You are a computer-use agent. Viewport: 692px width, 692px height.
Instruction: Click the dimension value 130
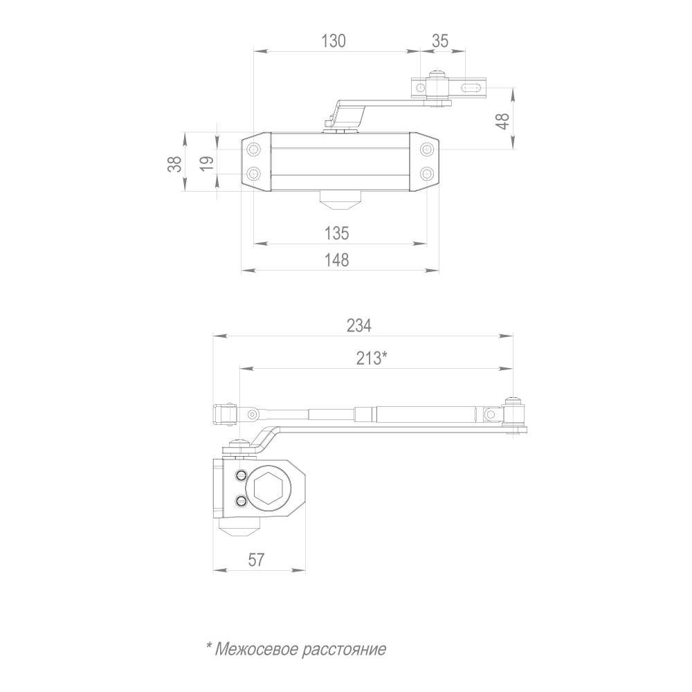[333, 41]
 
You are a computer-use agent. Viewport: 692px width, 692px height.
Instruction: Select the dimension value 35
[440, 41]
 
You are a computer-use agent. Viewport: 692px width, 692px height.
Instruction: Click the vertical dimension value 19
[206, 163]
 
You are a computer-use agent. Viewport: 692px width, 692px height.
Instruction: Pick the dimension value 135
[337, 233]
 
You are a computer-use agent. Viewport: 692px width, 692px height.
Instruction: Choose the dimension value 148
[337, 260]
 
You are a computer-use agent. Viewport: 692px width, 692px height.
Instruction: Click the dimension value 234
[359, 325]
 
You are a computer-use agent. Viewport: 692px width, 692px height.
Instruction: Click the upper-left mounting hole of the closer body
[254, 149]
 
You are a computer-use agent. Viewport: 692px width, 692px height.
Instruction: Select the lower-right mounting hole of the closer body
[427, 172]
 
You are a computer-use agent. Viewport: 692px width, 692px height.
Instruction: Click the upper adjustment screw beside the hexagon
[240, 475]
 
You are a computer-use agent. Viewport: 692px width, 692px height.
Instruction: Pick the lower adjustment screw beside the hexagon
[240, 502]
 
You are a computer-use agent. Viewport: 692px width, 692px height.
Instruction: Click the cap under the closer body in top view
[340, 199]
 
